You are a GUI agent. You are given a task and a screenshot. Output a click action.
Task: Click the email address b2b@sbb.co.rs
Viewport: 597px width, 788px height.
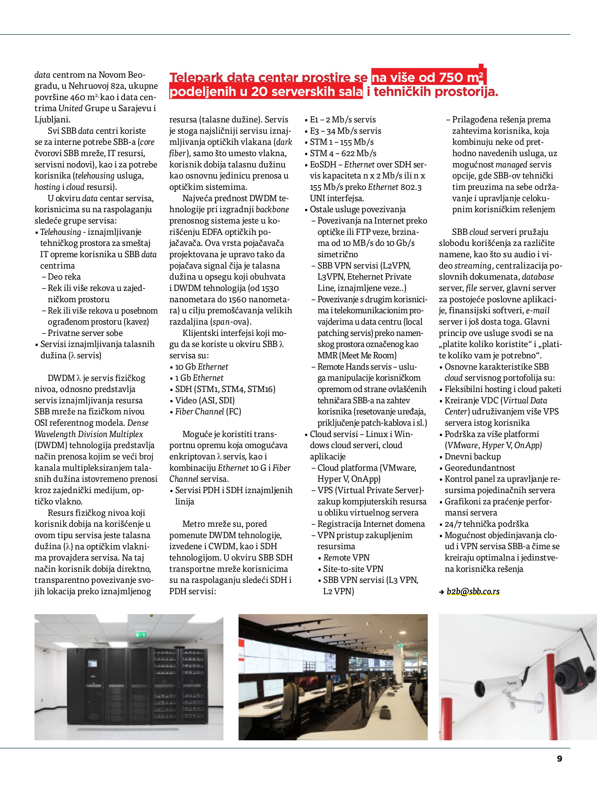pos(473,591)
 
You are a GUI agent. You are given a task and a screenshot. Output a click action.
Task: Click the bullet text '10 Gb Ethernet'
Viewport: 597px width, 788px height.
pos(202,367)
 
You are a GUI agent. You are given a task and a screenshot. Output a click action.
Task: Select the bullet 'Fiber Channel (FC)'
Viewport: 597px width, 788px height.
pos(208,411)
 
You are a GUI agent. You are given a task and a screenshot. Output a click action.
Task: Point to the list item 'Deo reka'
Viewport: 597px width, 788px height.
pos(64,277)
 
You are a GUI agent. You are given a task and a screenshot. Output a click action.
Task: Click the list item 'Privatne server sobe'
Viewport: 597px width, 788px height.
pos(85,333)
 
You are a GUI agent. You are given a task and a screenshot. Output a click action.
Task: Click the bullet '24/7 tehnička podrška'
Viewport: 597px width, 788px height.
pos(486,524)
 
